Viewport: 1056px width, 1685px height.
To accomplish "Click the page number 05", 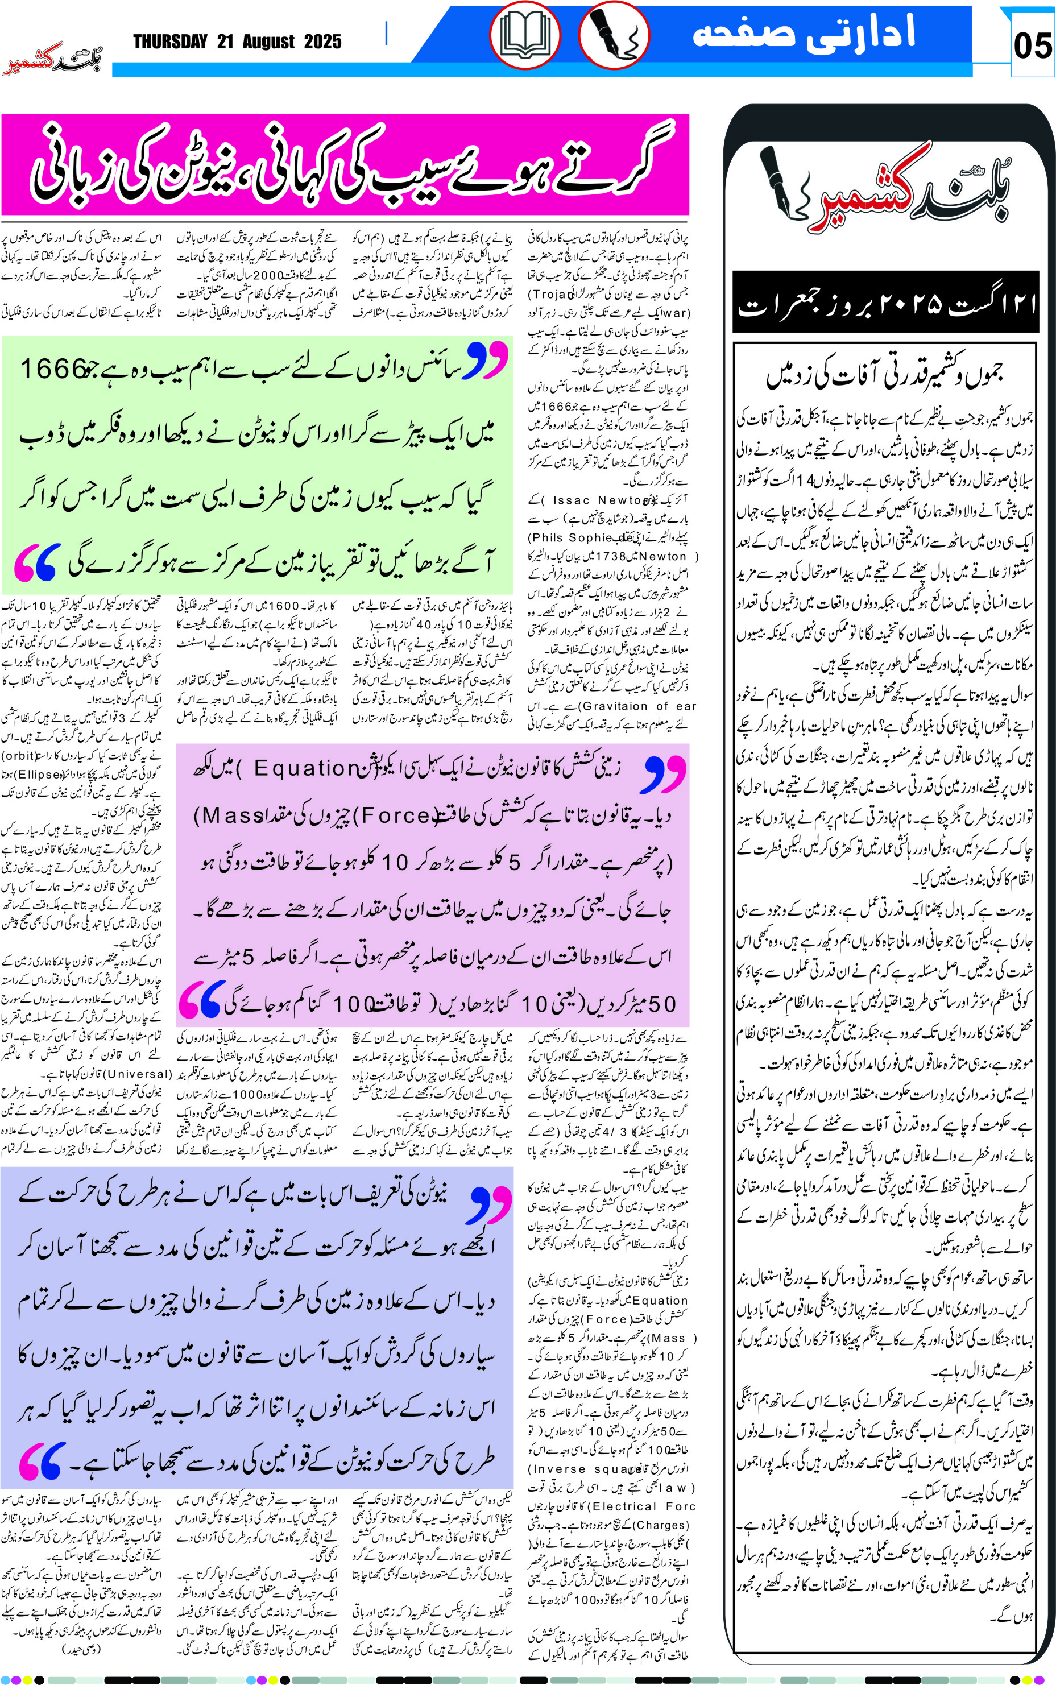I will coord(1032,46).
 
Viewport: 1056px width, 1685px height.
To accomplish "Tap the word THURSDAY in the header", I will coord(171,42).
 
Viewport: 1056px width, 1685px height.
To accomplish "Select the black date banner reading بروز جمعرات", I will coord(885,303).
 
